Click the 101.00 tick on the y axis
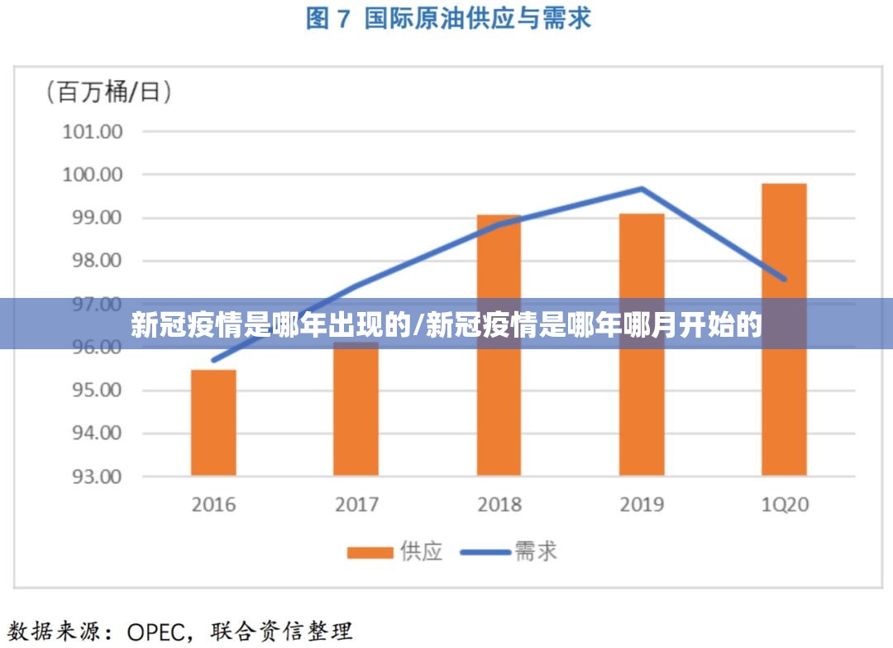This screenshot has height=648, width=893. (x=92, y=132)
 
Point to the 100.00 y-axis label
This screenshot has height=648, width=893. (x=92, y=175)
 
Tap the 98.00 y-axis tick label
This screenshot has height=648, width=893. (x=92, y=261)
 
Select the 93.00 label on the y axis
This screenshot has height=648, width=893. (x=92, y=477)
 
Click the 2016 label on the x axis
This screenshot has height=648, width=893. (x=213, y=504)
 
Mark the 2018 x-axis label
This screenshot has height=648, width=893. (x=499, y=504)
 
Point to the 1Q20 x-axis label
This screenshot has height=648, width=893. (x=784, y=504)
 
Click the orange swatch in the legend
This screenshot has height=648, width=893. (x=370, y=552)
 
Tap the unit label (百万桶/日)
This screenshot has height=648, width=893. (x=109, y=91)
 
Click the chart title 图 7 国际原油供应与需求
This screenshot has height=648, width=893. (x=448, y=18)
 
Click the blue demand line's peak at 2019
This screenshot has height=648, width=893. (x=642, y=189)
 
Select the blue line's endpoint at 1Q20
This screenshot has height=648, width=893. (x=784, y=279)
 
